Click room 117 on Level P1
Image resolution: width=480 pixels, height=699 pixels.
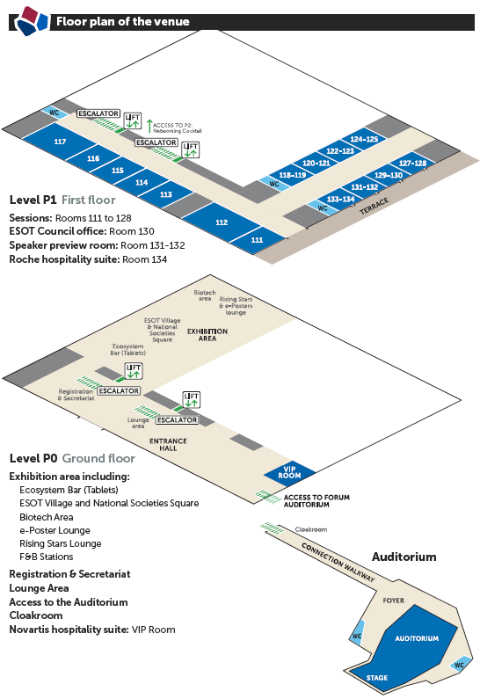[x=60, y=141]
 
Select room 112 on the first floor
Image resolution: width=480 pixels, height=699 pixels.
[x=222, y=222]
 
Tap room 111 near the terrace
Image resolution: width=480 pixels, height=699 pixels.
[x=257, y=240]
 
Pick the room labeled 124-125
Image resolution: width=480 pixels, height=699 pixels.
[x=364, y=139]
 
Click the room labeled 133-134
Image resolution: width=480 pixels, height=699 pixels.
[x=340, y=199]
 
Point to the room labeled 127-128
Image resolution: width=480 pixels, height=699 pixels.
[x=412, y=163]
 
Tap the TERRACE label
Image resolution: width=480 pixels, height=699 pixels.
[x=374, y=206]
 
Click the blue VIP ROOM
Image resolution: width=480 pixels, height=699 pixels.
[x=290, y=472]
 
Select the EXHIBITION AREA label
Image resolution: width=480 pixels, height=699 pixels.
[x=207, y=335]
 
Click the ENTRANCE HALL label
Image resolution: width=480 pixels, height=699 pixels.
[x=168, y=444]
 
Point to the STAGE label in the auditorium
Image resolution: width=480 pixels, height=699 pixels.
[x=376, y=678]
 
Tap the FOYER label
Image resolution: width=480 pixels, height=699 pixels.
[x=394, y=601]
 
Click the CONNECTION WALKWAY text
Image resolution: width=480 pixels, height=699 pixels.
[x=338, y=562]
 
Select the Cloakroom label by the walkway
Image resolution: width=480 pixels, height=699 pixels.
[x=311, y=529]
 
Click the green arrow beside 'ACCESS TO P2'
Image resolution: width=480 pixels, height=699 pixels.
[x=149, y=126]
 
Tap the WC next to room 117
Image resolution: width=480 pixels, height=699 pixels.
[x=55, y=113]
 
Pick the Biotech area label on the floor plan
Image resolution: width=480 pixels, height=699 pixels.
[x=205, y=295]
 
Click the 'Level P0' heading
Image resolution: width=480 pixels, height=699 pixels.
[x=33, y=458]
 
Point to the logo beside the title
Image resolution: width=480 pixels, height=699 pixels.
[x=31, y=20]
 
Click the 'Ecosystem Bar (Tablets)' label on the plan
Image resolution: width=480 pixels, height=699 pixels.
[x=127, y=350]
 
